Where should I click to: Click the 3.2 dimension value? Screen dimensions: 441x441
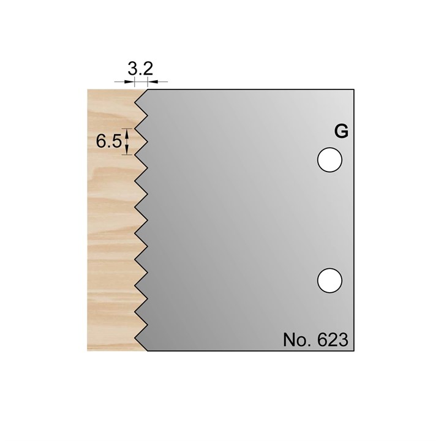pyautogui.click(x=140, y=69)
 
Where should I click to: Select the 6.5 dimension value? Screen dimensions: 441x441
pyautogui.click(x=108, y=141)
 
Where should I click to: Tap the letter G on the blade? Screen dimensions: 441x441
pyautogui.click(x=341, y=131)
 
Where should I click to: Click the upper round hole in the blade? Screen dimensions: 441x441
pyautogui.click(x=330, y=160)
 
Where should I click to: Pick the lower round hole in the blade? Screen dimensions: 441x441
pyautogui.click(x=330, y=281)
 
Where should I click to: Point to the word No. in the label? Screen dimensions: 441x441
pyautogui.click(x=298, y=340)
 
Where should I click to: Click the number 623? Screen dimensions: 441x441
pyautogui.click(x=333, y=340)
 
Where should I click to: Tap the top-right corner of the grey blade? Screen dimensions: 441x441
pyautogui.click(x=354, y=89)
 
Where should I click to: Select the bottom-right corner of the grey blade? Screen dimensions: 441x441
pyautogui.click(x=354, y=351)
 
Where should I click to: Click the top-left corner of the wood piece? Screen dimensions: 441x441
pyautogui.click(x=88, y=89)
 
